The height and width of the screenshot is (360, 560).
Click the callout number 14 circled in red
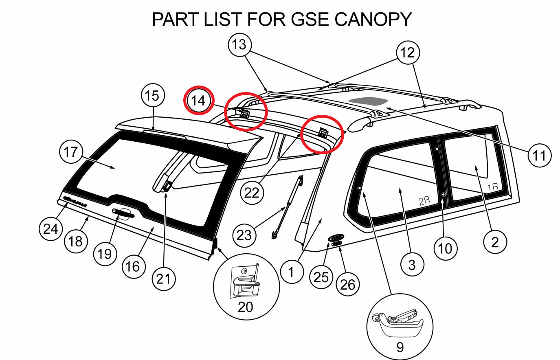click(198, 100)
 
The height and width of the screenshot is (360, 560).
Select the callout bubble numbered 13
click(239, 44)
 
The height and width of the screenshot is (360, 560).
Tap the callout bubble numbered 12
click(407, 53)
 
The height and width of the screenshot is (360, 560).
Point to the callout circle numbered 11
click(539, 155)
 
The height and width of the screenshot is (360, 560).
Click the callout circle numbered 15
click(152, 96)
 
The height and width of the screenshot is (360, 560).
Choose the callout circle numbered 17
click(71, 152)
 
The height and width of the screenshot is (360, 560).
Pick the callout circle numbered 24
click(51, 229)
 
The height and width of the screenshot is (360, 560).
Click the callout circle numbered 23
click(244, 235)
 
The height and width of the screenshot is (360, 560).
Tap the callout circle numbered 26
click(347, 284)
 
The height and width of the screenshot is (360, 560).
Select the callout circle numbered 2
click(495, 242)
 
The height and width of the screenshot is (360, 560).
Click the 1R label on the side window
click(492, 187)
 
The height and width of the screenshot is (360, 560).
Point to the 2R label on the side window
click(424, 200)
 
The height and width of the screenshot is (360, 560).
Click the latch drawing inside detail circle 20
click(245, 281)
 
